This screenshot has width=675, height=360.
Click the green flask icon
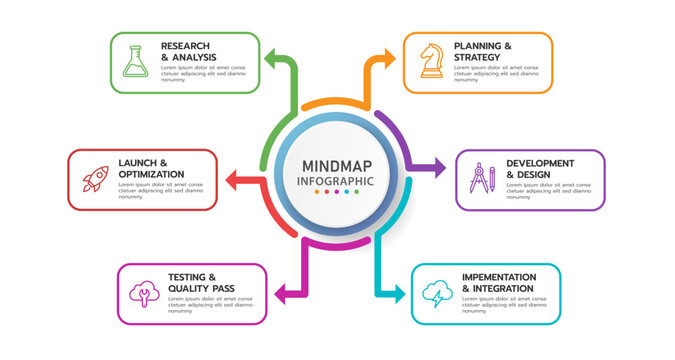[134, 62]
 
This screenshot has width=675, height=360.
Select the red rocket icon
[94, 179]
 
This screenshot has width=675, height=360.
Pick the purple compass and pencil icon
[482, 178]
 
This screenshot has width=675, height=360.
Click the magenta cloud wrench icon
[144, 293]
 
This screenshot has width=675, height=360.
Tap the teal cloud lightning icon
[437, 293]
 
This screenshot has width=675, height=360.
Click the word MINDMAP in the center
[336, 165]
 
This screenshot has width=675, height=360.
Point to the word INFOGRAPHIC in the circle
[336, 181]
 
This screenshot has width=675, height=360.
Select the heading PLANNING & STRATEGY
[483, 51]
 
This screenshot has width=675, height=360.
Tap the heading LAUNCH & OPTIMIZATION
[151, 168]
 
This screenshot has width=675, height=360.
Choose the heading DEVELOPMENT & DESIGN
[540, 168]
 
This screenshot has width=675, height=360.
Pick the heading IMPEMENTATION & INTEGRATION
[498, 282]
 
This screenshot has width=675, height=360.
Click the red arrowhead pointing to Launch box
[231, 180]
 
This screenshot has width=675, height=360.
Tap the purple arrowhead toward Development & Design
[439, 168]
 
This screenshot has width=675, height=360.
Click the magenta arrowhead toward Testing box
[281, 294]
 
